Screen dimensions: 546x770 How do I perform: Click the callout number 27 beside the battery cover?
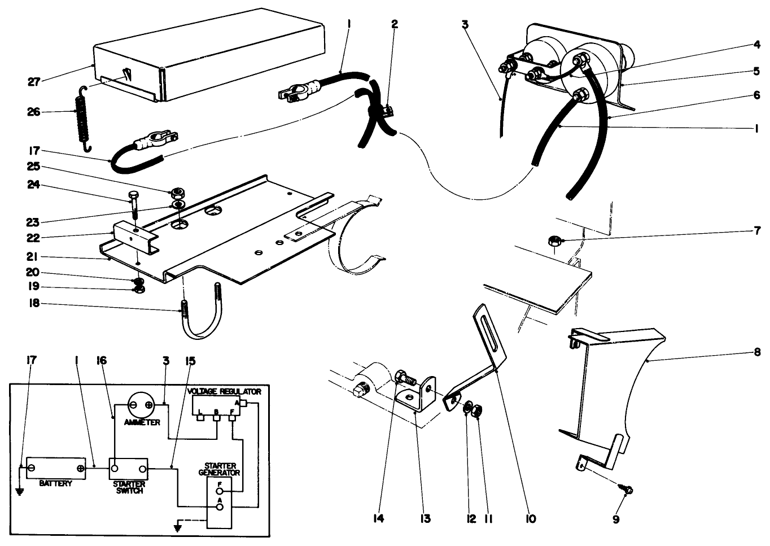[34, 82]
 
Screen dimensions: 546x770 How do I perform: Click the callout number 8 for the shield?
[756, 353]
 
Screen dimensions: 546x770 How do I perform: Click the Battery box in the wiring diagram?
[56, 468]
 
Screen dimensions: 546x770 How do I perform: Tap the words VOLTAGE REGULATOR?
[224, 391]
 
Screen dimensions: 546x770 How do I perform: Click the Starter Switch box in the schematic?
[128, 469]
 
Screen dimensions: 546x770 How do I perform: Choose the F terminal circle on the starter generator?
[220, 491]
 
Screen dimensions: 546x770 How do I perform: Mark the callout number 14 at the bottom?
[379, 518]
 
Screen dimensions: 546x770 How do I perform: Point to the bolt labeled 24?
[133, 207]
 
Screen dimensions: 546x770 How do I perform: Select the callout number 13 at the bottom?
[425, 518]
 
